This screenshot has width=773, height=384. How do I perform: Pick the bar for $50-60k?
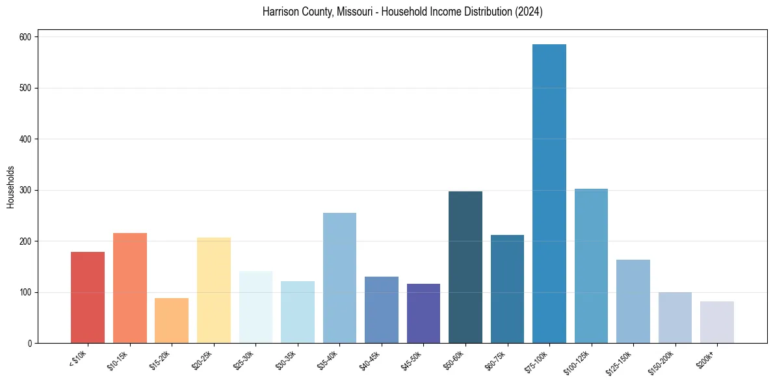(465, 267)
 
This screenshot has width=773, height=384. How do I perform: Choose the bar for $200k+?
(717, 322)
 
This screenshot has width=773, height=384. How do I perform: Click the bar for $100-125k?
(591, 266)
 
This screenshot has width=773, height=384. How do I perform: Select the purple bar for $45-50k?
(423, 313)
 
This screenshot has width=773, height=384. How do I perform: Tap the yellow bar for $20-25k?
(214, 290)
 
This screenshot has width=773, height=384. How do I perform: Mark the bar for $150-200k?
(675, 318)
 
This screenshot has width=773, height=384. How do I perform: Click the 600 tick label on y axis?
(26, 37)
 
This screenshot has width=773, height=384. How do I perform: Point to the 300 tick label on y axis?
(26, 190)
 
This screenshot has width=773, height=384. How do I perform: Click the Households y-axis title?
(10, 187)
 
